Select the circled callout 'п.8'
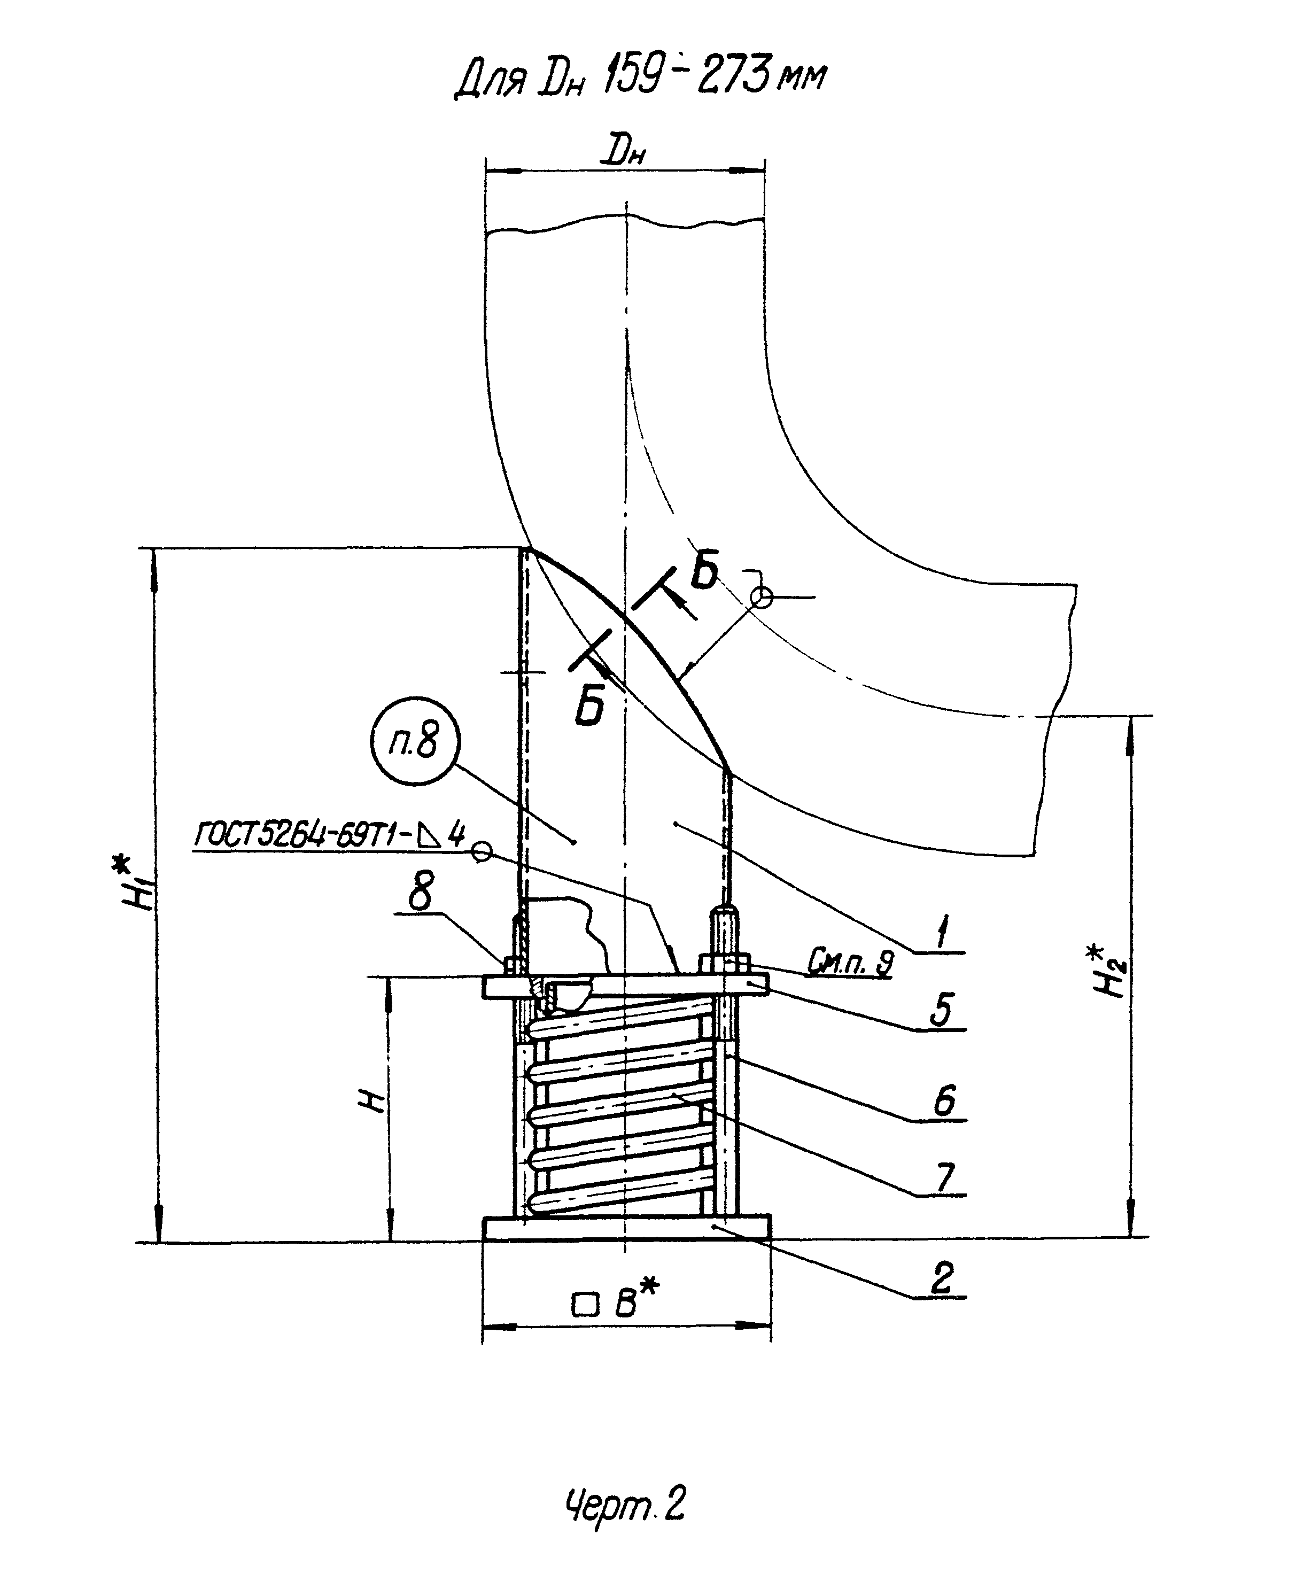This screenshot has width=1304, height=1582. point(415,743)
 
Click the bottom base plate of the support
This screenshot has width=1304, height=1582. point(626,1229)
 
